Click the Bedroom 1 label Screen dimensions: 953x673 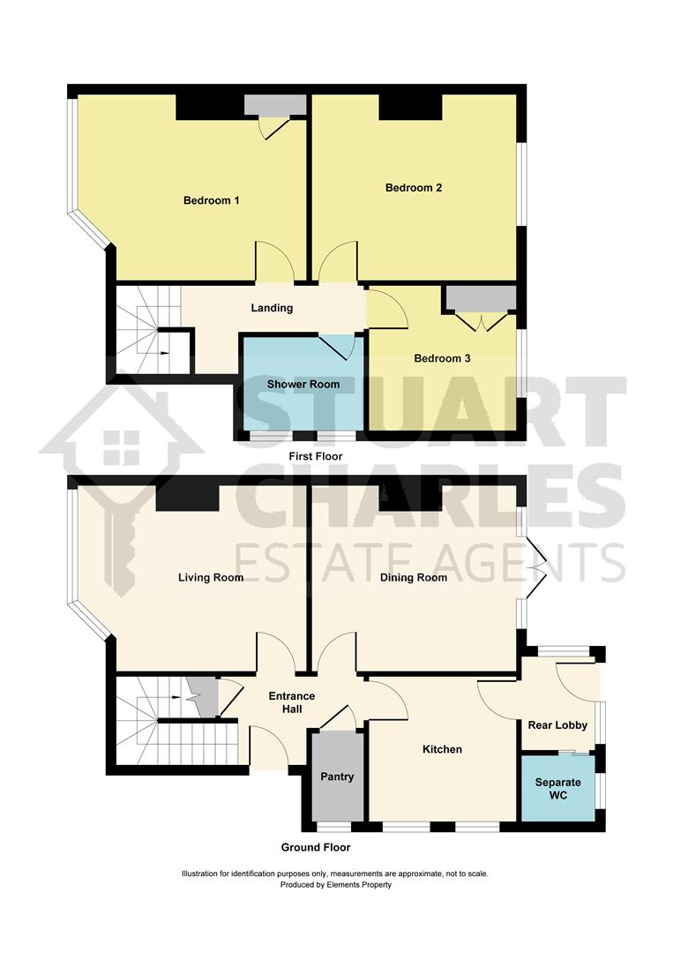tap(212, 200)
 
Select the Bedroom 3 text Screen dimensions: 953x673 tap(442, 358)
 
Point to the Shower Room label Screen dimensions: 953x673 tap(303, 384)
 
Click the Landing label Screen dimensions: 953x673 tap(272, 308)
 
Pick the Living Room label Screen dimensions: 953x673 tap(211, 578)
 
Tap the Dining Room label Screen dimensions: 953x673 tap(414, 578)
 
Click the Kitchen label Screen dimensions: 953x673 tap(442, 749)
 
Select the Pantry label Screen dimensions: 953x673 tap(337, 777)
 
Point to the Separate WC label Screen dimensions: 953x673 tap(558, 789)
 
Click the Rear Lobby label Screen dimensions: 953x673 tap(557, 725)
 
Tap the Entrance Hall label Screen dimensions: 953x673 tap(291, 702)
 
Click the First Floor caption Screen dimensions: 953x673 tap(316, 456)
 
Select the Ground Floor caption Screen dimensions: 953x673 tap(316, 847)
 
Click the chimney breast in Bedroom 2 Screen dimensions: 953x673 tap(410, 107)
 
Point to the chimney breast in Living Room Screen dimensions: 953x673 tap(187, 498)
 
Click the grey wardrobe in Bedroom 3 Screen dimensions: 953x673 tap(480, 297)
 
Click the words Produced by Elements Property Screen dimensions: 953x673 tap(336, 884)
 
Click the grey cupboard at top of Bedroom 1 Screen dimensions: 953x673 tap(275, 105)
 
